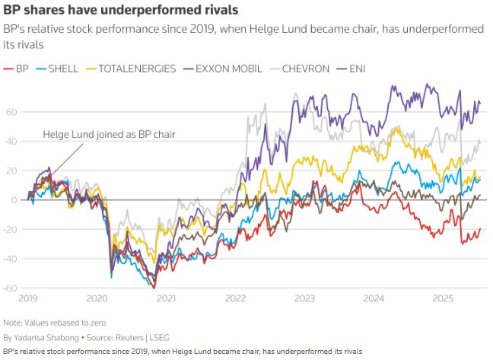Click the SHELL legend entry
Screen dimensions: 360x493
tap(63, 68)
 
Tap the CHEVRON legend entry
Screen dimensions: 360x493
tap(304, 68)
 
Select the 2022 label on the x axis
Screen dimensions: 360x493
tap(234, 299)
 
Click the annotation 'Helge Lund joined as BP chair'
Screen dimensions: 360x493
tap(109, 135)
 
